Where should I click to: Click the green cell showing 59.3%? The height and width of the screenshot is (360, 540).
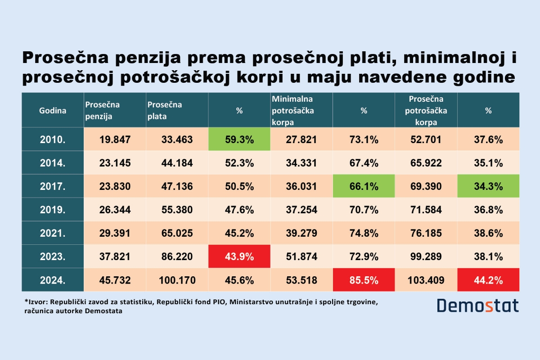(x=239, y=139)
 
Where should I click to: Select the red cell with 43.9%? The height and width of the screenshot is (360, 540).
(x=239, y=257)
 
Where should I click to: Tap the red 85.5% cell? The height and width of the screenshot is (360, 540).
(x=364, y=280)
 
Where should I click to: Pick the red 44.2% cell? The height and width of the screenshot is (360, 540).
(x=488, y=280)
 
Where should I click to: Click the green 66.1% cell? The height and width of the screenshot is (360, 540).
(x=364, y=186)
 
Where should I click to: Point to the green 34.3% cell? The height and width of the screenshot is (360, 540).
(x=488, y=186)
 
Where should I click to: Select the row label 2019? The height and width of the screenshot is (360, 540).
(x=53, y=210)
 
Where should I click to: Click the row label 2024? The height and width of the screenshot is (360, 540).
(x=53, y=280)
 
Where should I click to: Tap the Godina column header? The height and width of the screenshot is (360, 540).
(x=53, y=110)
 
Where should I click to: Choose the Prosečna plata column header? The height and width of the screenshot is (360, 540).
(x=165, y=110)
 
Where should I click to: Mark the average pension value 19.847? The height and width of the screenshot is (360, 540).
(x=115, y=139)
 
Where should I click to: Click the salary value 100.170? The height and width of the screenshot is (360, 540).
(x=177, y=280)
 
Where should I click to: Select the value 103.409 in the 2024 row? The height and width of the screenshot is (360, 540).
(x=426, y=280)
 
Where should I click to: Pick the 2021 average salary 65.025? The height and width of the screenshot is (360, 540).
(x=177, y=234)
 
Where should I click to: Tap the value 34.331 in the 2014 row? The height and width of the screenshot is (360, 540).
(x=301, y=163)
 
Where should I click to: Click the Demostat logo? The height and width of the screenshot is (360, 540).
(x=477, y=306)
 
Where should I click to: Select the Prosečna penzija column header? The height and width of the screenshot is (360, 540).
(x=103, y=110)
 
